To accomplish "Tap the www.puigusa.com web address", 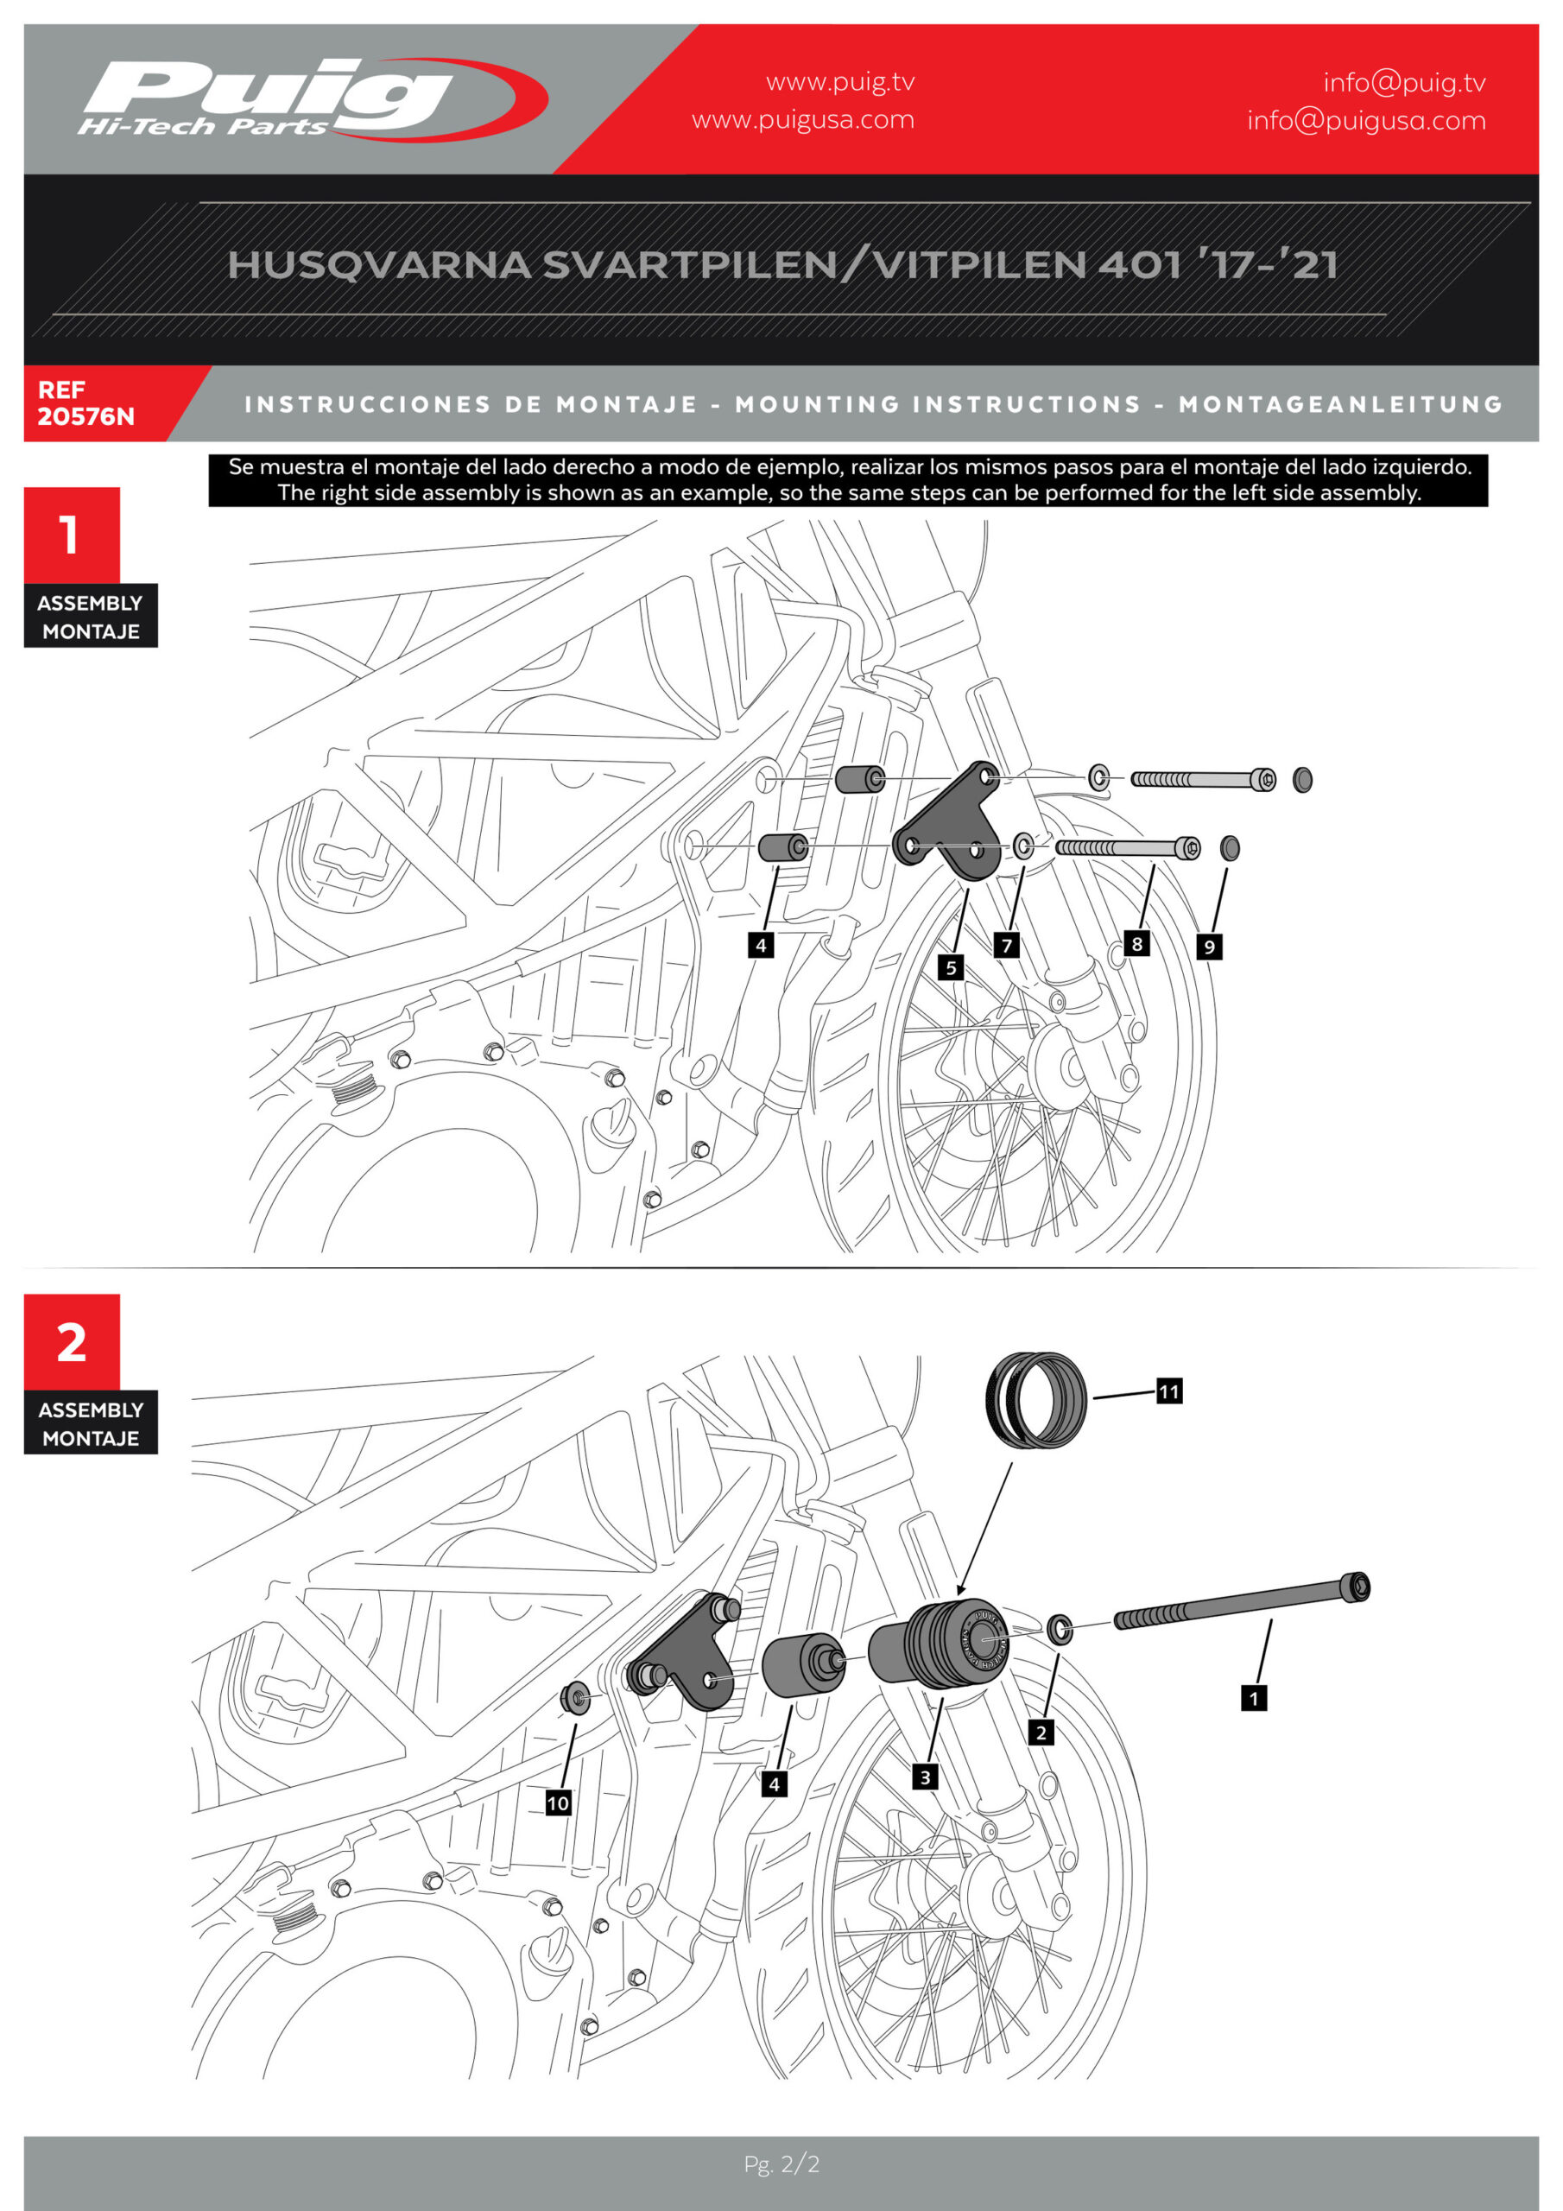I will (x=802, y=120).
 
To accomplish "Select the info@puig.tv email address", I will (x=1403, y=83).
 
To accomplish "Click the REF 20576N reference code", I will (x=85, y=403).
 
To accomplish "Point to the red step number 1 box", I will (x=72, y=535).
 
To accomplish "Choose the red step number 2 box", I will (x=72, y=1341).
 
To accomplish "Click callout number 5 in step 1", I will (x=951, y=966).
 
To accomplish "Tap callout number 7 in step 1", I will (x=1006, y=946).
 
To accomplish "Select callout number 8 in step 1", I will (x=1136, y=944).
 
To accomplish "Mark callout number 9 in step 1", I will (x=1209, y=947).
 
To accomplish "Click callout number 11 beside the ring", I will (x=1168, y=1391).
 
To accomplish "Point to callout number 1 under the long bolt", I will (x=1253, y=1698).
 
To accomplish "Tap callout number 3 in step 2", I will (x=925, y=1777).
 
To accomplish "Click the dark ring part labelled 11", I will (x=1036, y=1399).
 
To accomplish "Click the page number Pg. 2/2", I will (x=781, y=2163).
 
